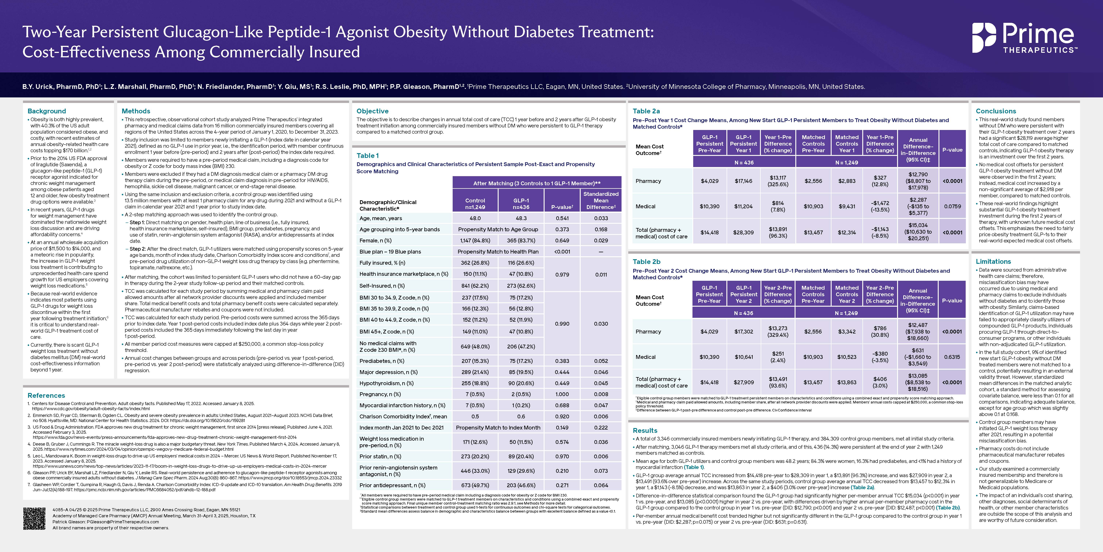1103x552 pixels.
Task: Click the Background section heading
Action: tap(47, 111)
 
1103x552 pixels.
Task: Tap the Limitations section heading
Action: tap(993, 261)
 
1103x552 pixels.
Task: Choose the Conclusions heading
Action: tap(996, 111)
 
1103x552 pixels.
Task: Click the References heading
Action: tap(46, 396)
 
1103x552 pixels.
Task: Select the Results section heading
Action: tap(645, 430)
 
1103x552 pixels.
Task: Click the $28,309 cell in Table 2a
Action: tap(743, 232)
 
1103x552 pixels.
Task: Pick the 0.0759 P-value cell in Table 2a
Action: tap(952, 206)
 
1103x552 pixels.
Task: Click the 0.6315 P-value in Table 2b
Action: tap(952, 356)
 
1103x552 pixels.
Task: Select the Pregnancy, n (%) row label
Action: tap(380, 394)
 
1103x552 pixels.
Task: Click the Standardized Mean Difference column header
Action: tap(601, 201)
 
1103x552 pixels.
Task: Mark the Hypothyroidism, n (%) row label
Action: tap(386, 383)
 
